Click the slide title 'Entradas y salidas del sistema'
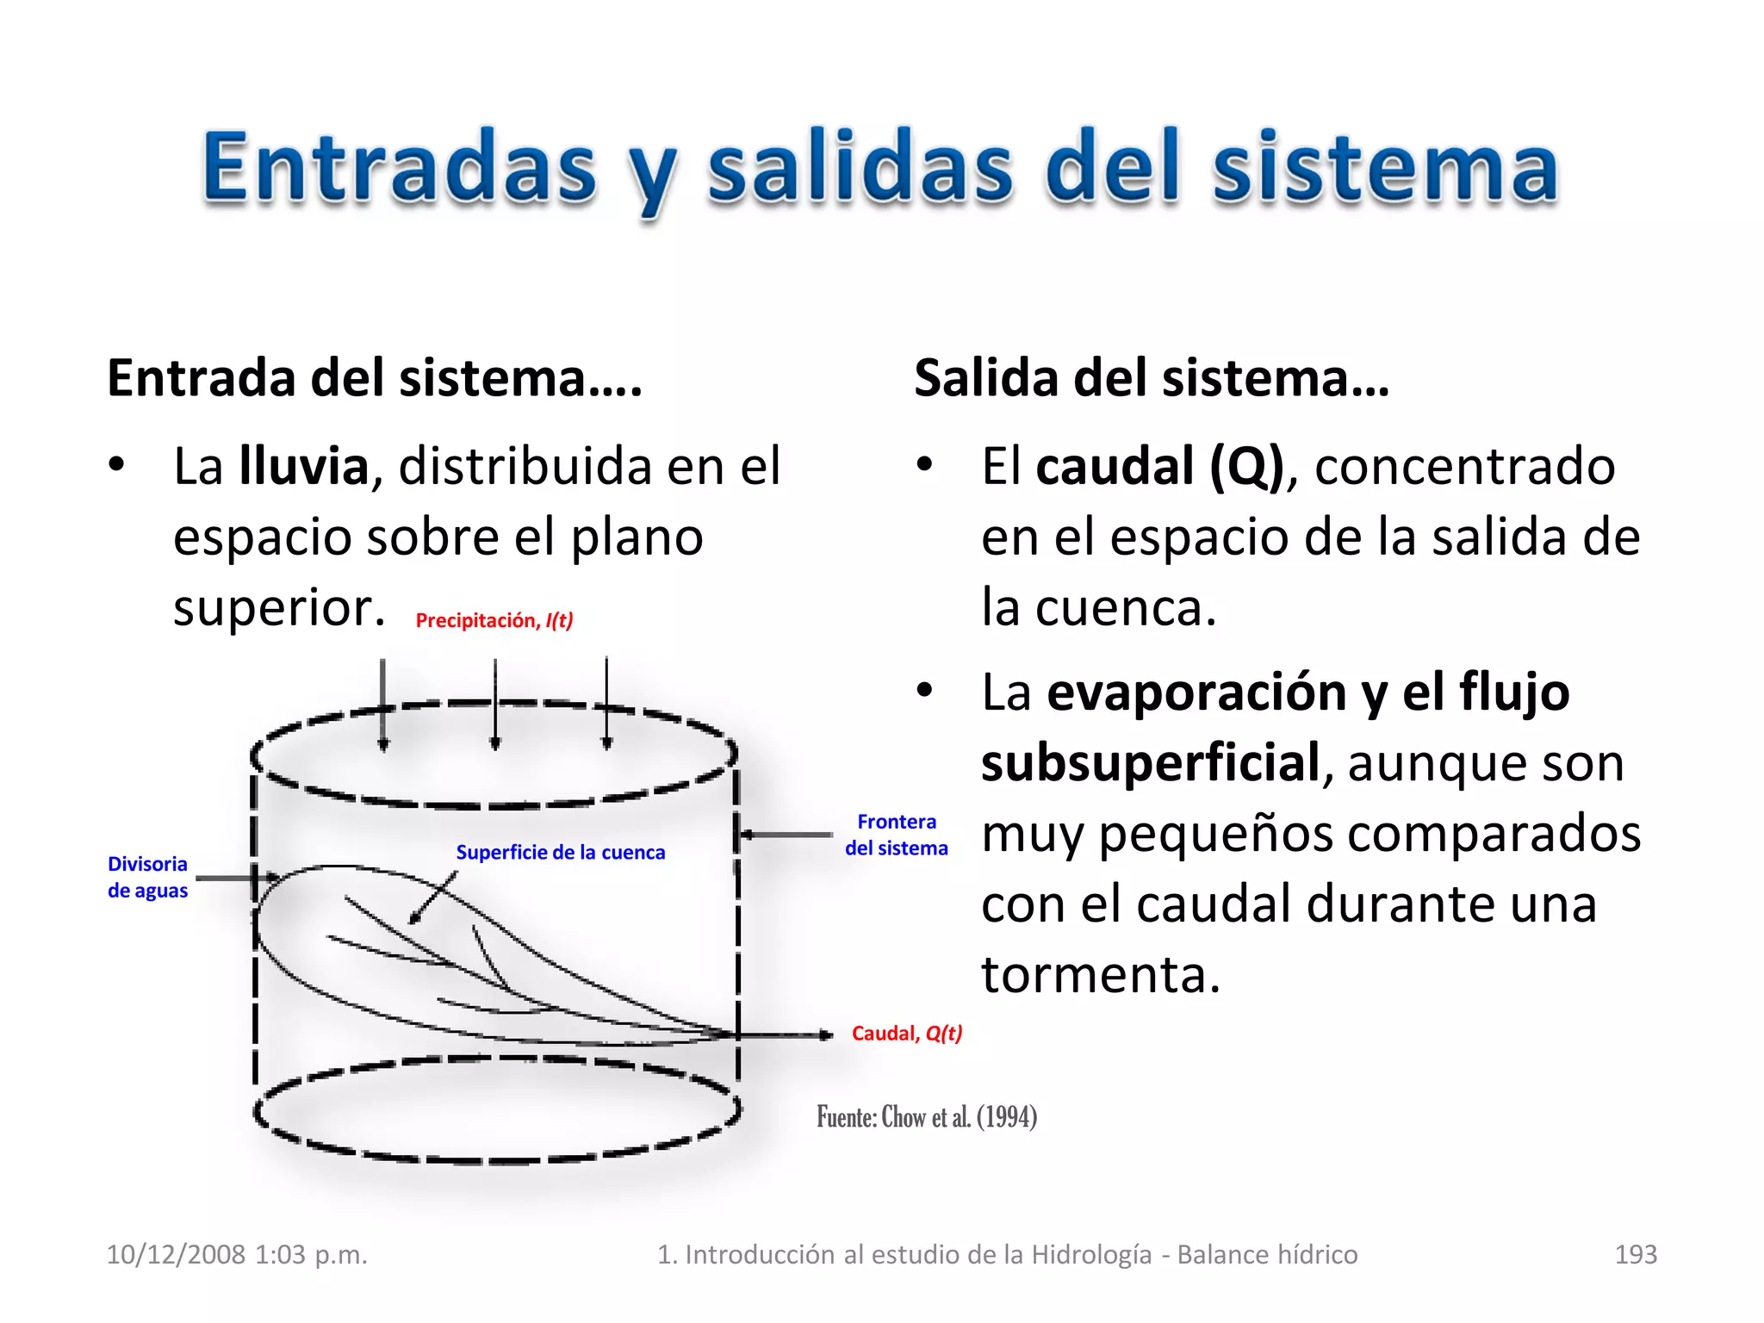click(x=880, y=168)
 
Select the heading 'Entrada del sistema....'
click(x=375, y=378)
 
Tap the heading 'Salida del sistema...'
click(x=1152, y=378)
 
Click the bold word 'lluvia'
click(x=304, y=466)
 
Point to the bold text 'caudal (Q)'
click(x=1159, y=466)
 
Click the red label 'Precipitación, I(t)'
click(x=494, y=620)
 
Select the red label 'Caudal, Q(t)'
click(x=906, y=1033)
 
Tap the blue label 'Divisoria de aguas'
click(x=147, y=877)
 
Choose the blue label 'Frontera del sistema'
click(x=896, y=835)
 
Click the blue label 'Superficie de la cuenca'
click(x=560, y=852)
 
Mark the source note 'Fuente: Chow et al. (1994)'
click(x=927, y=1117)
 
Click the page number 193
click(x=1635, y=1254)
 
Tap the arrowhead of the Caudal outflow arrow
click(x=826, y=1034)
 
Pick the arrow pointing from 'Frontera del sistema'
click(x=786, y=834)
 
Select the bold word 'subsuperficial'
click(x=1151, y=763)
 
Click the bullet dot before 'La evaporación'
click(x=925, y=690)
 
